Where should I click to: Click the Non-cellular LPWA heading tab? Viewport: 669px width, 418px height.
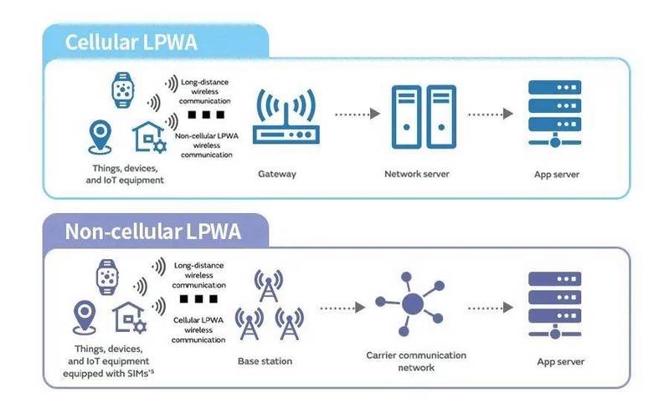pyautogui.click(x=153, y=232)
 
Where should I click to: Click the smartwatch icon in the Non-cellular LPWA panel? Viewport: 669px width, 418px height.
pyautogui.click(x=108, y=276)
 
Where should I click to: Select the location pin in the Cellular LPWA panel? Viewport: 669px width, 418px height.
pyautogui.click(x=101, y=136)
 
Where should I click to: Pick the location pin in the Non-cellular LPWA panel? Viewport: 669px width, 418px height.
pyautogui.click(x=84, y=318)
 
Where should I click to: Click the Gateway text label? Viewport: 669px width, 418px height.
pyautogui.click(x=278, y=175)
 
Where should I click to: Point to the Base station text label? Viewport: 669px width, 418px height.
pyautogui.click(x=265, y=361)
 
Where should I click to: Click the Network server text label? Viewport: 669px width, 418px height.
pyautogui.click(x=416, y=175)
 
